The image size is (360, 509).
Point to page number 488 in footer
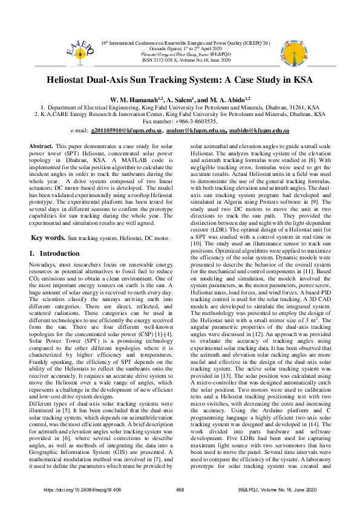[179, 490]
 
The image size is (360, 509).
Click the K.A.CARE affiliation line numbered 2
[180, 113]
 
